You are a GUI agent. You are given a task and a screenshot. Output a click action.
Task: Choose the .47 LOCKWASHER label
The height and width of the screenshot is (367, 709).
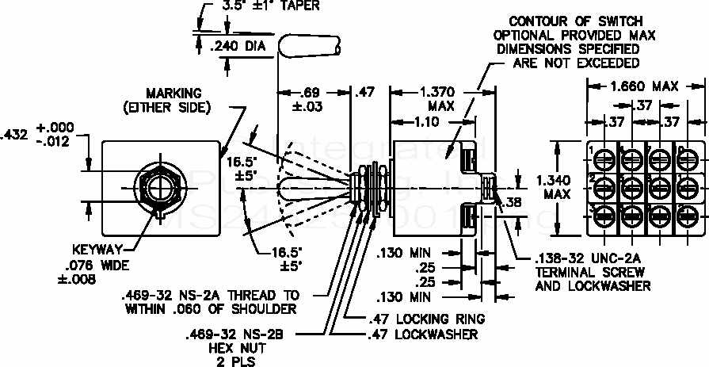(425, 335)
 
